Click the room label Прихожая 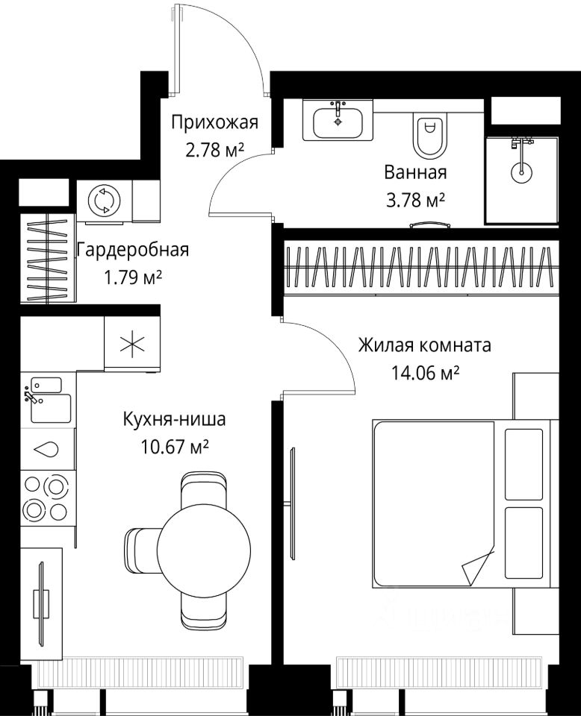[215, 123]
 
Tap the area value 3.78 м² [415, 200]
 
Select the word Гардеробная [133, 251]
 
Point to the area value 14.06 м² [425, 374]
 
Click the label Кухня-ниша [174, 418]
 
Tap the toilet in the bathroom [429, 135]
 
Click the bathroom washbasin [338, 121]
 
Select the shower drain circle [521, 172]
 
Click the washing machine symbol [105, 201]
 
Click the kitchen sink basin [51, 408]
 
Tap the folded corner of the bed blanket [478, 566]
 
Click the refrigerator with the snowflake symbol [132, 343]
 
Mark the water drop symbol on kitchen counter [47, 449]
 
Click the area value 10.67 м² [175, 446]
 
